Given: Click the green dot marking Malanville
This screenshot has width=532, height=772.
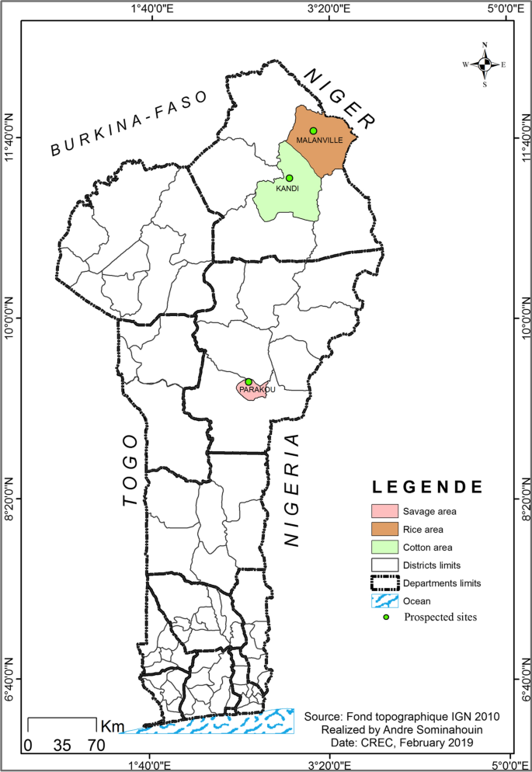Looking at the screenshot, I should point(313,130).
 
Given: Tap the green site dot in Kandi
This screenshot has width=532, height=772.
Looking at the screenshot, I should point(289,178).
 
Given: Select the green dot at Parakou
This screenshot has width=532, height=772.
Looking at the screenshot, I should point(249,381).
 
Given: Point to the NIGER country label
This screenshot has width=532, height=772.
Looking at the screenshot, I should point(339,98).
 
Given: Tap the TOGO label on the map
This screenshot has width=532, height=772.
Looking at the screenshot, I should point(131,470).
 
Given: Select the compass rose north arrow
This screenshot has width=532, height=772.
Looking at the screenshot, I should point(485,64).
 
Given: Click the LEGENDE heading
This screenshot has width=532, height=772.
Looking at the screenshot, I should point(427,488).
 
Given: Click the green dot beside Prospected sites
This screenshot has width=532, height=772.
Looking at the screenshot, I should point(385,617).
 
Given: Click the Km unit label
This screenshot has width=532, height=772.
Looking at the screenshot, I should point(113,726).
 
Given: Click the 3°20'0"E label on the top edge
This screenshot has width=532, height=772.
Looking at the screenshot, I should point(330,9).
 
